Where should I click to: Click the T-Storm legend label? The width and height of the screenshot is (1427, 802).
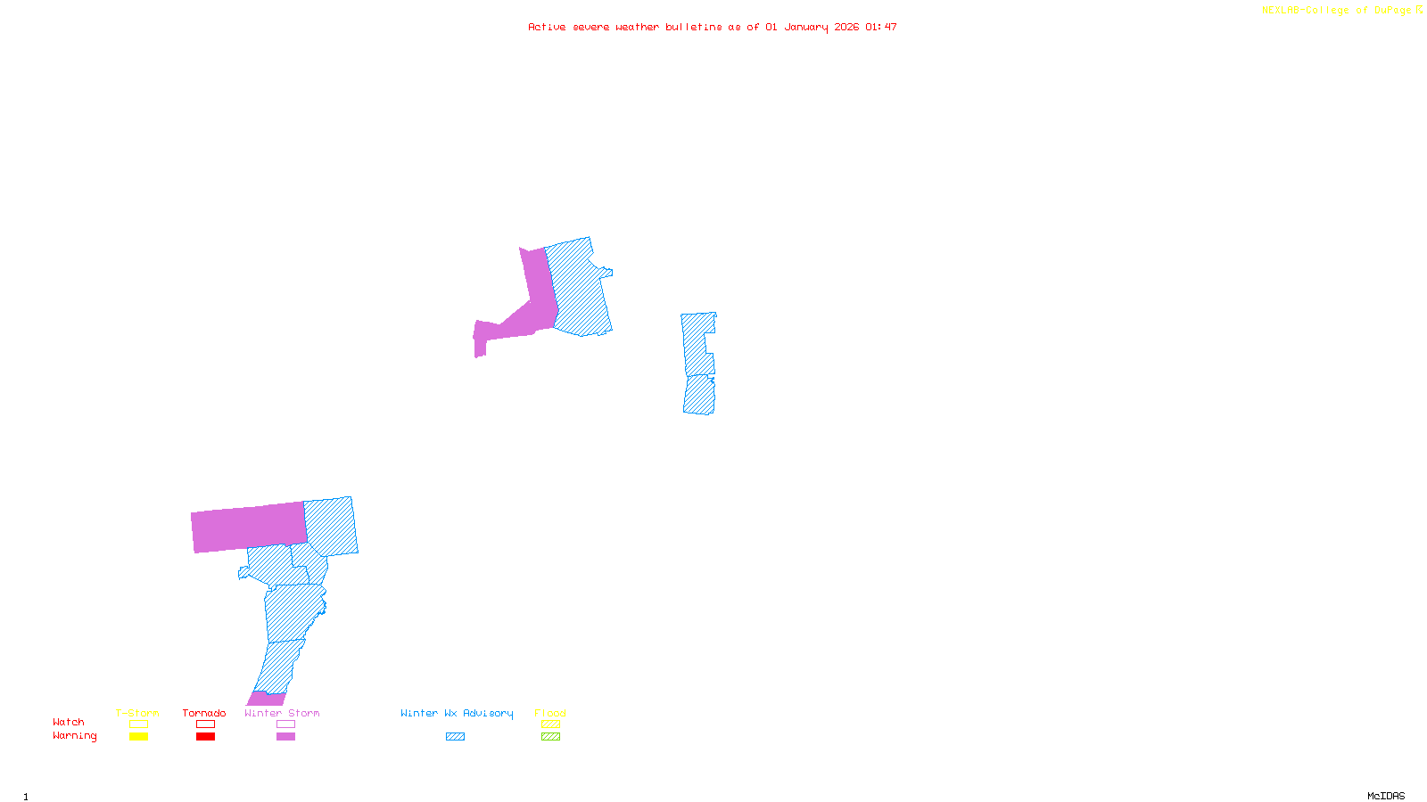[x=137, y=713]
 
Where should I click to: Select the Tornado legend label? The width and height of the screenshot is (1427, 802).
[x=204, y=713]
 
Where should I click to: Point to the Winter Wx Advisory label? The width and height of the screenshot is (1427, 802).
[x=457, y=713]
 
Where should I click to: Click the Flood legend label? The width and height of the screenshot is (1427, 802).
[x=550, y=713]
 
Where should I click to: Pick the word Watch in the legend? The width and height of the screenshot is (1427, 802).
[x=69, y=722]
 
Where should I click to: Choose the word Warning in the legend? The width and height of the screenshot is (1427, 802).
[x=75, y=736]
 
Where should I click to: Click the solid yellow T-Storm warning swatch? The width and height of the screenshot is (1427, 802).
[x=138, y=737]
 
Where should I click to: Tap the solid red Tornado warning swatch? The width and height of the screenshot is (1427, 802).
[x=205, y=737]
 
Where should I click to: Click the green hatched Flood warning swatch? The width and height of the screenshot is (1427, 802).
[x=550, y=737]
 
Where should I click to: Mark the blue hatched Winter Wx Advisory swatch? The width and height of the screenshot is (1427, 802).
[x=455, y=737]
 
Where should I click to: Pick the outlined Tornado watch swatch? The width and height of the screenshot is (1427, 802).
[x=205, y=724]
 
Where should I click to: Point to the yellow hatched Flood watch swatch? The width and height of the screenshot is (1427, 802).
[x=550, y=724]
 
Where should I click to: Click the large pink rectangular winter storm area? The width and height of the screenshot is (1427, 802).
[x=249, y=527]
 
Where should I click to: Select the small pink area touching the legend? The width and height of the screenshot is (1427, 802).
[x=267, y=699]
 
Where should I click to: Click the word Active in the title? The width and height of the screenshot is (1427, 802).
[x=546, y=27]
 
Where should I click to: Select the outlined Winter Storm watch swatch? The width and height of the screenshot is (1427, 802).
[x=285, y=724]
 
